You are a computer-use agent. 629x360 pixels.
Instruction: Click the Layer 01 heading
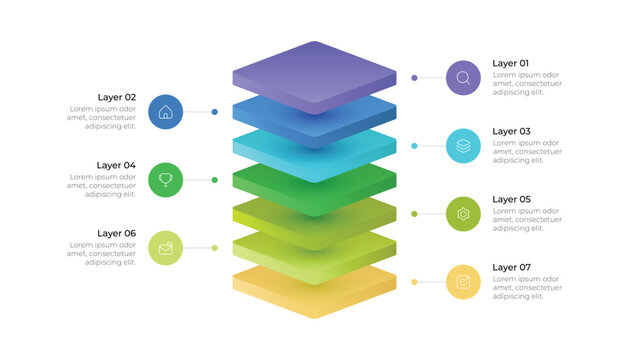[510, 63]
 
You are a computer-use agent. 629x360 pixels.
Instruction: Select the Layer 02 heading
[117, 97]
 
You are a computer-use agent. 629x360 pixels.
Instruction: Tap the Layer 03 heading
[511, 131]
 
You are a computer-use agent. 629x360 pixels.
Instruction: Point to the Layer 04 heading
[117, 165]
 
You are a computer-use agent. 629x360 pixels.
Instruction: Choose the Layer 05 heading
[511, 199]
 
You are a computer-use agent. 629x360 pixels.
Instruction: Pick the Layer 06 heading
[117, 233]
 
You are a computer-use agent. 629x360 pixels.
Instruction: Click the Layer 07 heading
[511, 267]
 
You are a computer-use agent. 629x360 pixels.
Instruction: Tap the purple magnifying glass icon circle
[463, 77]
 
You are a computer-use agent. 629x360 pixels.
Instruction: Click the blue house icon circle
[165, 112]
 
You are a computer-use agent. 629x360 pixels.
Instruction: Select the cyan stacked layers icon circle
[463, 145]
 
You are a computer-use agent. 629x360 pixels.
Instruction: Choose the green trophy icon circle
[165, 180]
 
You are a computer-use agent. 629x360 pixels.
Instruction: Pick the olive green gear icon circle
[463, 214]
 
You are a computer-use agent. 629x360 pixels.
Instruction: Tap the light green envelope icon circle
[165, 248]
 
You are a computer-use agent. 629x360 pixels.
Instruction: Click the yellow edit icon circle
[463, 282]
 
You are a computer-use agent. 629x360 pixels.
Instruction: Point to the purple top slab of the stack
[314, 72]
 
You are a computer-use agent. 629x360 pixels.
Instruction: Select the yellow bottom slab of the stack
[314, 294]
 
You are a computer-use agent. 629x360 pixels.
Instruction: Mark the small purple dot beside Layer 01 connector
[414, 77]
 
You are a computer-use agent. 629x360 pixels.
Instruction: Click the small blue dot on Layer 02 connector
[214, 112]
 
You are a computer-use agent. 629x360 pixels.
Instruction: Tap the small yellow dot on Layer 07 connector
[414, 282]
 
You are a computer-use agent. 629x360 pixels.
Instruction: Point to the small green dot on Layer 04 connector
[214, 180]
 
